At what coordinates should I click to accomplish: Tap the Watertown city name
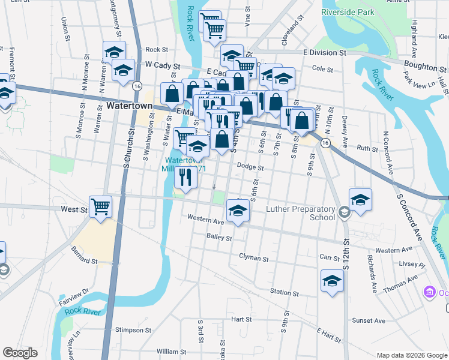129,106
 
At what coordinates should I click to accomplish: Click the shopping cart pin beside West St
101,206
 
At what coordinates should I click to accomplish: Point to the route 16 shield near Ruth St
325,143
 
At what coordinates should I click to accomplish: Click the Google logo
20,353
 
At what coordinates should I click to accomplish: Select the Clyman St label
253,259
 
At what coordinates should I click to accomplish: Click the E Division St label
325,53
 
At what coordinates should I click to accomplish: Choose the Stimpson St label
134,330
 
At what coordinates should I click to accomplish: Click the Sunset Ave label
369,320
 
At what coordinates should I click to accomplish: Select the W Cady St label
162,64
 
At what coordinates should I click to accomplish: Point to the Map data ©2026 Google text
411,355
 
